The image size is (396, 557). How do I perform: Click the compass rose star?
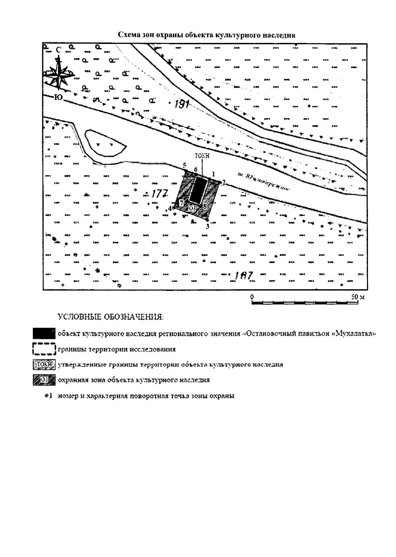(58, 73)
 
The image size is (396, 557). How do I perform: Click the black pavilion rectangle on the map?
(198, 191)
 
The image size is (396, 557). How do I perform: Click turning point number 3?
(208, 226)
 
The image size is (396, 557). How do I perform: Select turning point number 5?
(185, 165)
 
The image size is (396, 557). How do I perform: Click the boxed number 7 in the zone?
(181, 203)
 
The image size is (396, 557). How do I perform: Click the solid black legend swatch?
(44, 333)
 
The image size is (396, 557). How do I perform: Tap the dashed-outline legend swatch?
(44, 349)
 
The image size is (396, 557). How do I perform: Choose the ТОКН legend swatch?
(44, 365)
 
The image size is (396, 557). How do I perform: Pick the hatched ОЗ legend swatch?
(44, 380)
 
